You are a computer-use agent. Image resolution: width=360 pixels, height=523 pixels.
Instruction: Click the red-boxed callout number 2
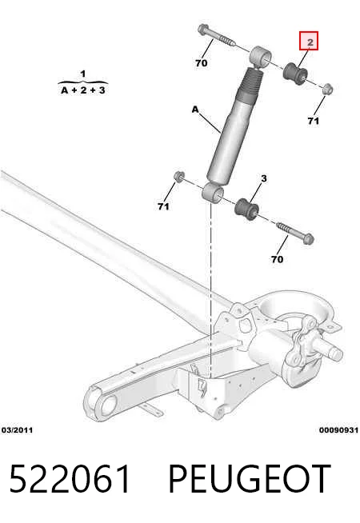click(x=309, y=41)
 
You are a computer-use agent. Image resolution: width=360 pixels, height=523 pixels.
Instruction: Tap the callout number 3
click(x=264, y=179)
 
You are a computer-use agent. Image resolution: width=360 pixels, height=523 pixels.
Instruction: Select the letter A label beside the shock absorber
click(x=195, y=109)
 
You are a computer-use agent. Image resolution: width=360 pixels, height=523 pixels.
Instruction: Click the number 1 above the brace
click(x=83, y=74)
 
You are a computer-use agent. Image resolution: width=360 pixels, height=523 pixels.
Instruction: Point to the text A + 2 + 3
click(x=83, y=90)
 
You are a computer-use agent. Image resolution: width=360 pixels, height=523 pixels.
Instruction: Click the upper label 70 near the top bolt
click(x=201, y=62)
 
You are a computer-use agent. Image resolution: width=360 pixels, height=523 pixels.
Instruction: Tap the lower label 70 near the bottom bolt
click(x=278, y=259)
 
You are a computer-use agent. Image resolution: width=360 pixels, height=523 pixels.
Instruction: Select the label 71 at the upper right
click(x=314, y=121)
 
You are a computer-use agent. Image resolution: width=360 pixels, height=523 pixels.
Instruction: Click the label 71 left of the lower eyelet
click(x=163, y=207)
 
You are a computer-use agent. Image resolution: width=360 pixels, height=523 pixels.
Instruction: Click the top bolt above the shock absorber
click(x=217, y=35)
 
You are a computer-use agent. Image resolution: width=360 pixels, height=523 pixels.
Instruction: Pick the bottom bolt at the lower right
click(x=295, y=233)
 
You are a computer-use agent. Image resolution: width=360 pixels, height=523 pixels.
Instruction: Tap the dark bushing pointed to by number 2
click(x=294, y=74)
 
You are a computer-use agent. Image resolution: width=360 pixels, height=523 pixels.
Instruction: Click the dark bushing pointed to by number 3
click(x=246, y=210)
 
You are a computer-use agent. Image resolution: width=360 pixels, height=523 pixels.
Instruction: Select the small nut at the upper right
click(x=328, y=89)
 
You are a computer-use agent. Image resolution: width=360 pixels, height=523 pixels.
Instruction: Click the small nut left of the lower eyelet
click(x=179, y=176)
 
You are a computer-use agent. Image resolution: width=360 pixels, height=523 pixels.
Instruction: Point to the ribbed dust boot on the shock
click(x=250, y=83)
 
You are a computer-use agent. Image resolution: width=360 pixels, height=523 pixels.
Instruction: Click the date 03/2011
click(x=18, y=430)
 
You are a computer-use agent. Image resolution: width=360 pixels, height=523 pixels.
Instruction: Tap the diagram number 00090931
click(x=338, y=430)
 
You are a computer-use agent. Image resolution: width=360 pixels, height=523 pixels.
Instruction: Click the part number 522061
click(x=70, y=479)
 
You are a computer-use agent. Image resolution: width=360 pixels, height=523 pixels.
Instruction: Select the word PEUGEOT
click(x=250, y=479)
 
